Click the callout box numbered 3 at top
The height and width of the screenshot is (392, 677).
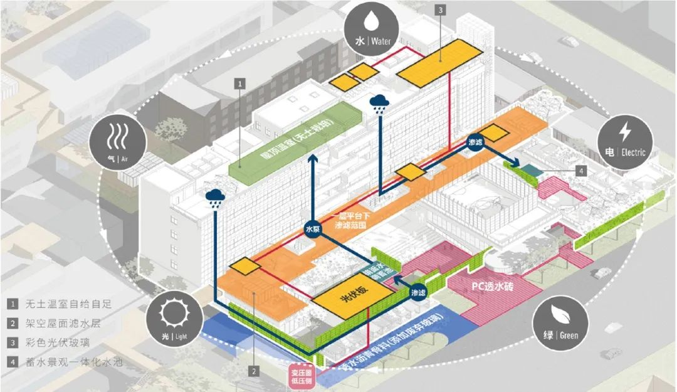click(x=441, y=9)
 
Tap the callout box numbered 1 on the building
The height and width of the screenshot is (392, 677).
click(x=240, y=82)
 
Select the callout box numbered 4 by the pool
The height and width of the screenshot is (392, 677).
click(x=580, y=170)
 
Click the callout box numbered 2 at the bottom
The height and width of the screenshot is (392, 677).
click(x=254, y=371)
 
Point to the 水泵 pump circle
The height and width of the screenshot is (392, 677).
click(x=312, y=228)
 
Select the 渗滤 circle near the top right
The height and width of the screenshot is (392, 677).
click(x=476, y=142)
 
